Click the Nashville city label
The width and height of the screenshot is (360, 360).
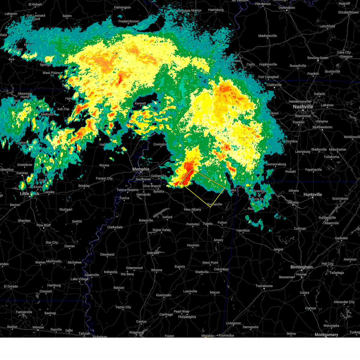point(303,107)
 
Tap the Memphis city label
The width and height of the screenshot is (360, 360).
point(141,169)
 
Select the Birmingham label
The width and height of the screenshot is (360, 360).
point(301,267)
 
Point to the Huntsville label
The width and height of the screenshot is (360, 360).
point(313,194)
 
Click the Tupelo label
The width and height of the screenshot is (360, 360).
point(208,223)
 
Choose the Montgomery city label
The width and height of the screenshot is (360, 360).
point(326,334)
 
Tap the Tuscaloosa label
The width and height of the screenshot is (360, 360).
point(264,286)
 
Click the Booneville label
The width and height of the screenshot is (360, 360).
point(215,204)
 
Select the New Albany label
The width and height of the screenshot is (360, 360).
point(192,209)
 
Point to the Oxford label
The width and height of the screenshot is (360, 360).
point(167,217)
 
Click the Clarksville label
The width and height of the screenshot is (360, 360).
point(274,85)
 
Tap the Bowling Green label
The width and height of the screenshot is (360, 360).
point(318,58)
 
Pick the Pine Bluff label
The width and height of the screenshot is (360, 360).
point(43,225)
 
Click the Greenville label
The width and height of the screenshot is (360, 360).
point(92,275)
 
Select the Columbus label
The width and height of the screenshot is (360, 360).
point(221,269)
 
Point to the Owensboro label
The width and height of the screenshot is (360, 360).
point(286,8)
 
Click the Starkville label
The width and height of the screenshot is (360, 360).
point(202,272)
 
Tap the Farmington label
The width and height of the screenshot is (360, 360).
point(122,7)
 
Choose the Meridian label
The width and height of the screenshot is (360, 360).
point(208,336)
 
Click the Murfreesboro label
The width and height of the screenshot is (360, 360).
point(322,127)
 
